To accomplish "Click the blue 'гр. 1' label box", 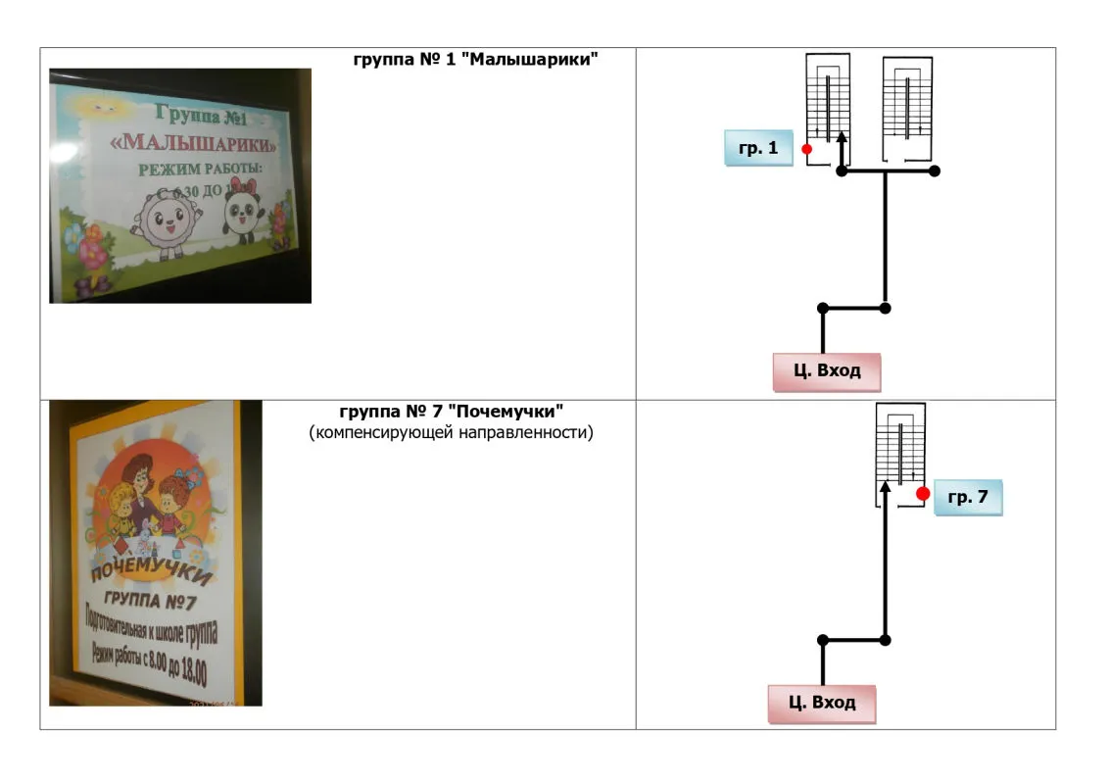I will click(758, 148).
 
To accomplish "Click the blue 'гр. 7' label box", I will click(968, 498).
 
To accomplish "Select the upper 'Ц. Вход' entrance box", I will click(826, 371).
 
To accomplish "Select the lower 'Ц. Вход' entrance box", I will click(821, 703).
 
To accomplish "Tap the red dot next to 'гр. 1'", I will click(806, 149).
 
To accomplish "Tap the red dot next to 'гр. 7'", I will click(922, 494).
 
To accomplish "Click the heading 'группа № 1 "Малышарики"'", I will click(475, 59).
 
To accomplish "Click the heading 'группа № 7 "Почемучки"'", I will click(451, 412).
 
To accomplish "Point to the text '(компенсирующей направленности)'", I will click(451, 432).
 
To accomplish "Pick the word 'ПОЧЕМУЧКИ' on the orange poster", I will click(152, 569).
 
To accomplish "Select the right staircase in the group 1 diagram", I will click(906, 108).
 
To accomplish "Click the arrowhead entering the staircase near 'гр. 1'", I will click(841, 141).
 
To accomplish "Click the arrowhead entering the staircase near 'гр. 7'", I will click(886, 486).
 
